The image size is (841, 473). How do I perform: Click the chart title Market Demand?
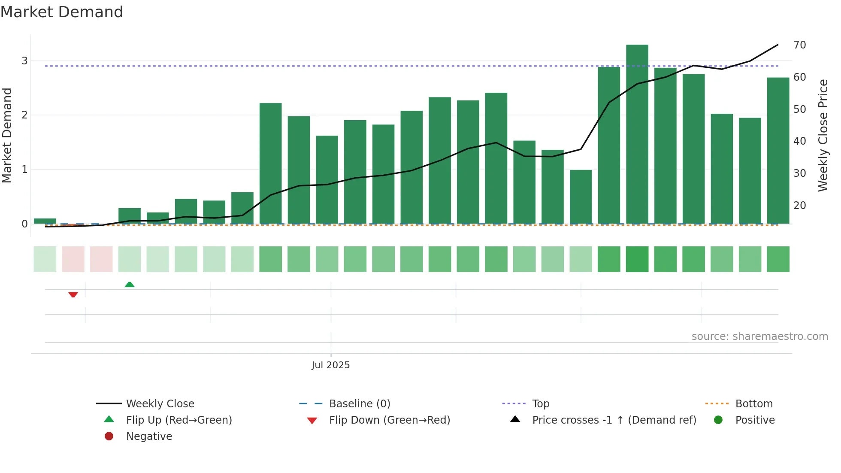coord(62,12)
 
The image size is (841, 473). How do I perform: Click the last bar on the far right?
coord(778,150)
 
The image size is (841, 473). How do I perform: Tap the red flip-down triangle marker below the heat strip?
coord(73,294)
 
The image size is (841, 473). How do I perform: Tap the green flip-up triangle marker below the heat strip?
coord(129,285)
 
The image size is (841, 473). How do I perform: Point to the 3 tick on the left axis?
coord(24,61)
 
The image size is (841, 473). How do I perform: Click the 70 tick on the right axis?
coord(799,45)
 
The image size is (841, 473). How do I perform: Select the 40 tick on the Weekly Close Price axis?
coord(799,141)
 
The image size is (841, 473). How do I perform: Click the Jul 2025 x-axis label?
coord(330,365)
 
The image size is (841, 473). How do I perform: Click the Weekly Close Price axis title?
coord(823,135)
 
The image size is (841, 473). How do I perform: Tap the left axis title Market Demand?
coord(7,135)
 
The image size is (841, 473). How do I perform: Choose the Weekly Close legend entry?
coord(160,404)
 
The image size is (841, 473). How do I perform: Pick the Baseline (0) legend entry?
coord(359,404)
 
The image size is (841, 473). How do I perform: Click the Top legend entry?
coord(540,404)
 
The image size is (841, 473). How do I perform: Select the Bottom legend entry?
coord(753,404)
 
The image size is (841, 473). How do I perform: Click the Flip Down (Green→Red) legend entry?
coord(389,420)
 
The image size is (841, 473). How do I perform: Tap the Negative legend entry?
coord(148,437)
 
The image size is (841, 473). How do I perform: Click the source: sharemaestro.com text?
coord(759,337)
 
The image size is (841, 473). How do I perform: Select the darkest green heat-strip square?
coord(637,259)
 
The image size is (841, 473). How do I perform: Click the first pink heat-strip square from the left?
coord(73,259)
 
